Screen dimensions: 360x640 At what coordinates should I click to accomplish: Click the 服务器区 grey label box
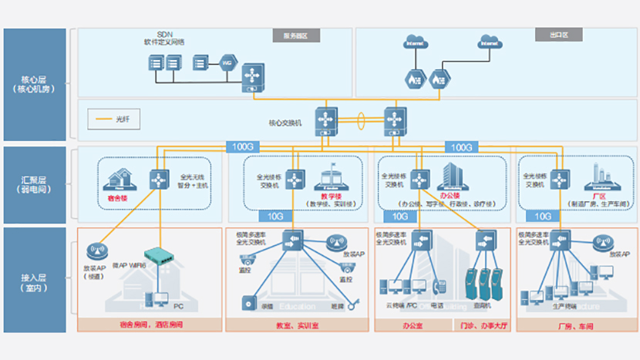(296, 35)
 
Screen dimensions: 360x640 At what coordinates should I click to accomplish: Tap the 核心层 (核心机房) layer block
(34, 84)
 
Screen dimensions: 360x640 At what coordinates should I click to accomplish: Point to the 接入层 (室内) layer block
(34, 279)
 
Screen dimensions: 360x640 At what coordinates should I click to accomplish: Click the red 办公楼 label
(449, 197)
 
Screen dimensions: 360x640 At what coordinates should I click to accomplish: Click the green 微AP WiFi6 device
(161, 254)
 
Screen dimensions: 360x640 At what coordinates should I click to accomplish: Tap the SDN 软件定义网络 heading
(164, 38)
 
